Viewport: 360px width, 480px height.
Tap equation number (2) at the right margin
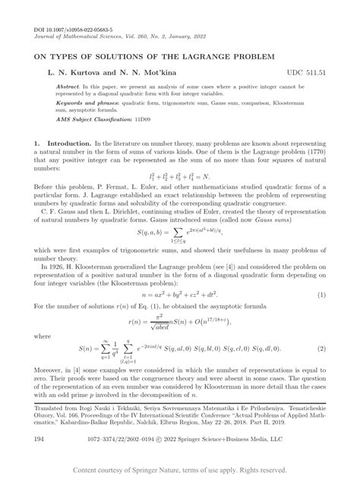click(x=323, y=348)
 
